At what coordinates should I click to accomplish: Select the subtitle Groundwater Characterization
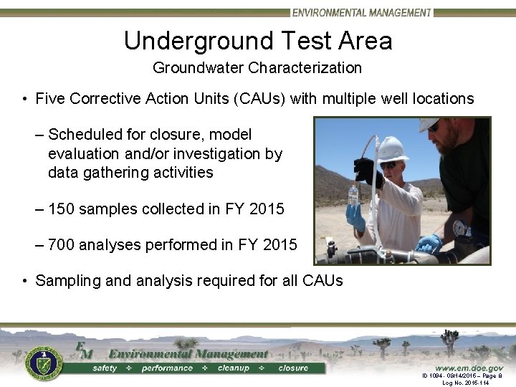[x=257, y=68]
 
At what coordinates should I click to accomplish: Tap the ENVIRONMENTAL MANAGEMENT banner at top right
[x=362, y=12]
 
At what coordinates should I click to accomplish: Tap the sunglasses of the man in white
[x=388, y=165]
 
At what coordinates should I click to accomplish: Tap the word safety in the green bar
[x=105, y=368]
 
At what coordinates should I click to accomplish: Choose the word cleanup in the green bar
[x=233, y=368]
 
